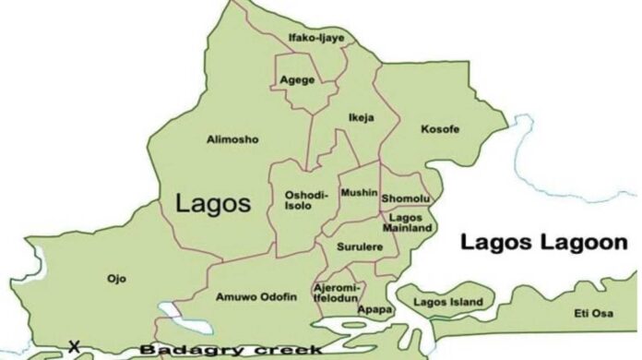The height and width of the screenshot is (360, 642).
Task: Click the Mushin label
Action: coord(359,193)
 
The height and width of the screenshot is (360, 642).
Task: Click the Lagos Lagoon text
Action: coord(531,243)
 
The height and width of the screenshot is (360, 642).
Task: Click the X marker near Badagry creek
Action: coord(74,347)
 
